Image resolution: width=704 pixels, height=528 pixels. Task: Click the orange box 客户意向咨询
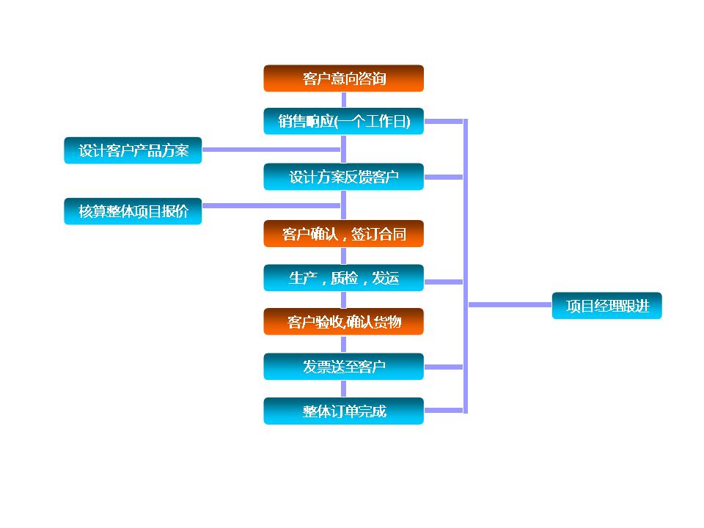343,78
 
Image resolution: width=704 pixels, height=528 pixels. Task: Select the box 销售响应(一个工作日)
343,121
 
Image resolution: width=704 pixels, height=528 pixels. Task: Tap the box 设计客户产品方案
133,150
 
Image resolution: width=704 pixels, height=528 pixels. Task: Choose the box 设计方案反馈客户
343,177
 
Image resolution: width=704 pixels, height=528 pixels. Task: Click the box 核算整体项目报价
133,211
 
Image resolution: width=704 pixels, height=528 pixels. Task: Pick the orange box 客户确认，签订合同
343,234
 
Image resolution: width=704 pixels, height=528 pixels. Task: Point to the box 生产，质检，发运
343,278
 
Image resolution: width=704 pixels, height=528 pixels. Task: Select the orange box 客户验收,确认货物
343,321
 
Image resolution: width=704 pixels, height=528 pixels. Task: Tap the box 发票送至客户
343,367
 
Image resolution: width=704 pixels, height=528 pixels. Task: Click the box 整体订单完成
343,411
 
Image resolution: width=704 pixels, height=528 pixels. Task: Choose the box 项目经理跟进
606,306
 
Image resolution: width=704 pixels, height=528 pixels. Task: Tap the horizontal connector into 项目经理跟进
510,304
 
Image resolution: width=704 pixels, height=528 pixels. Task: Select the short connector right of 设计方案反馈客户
444,177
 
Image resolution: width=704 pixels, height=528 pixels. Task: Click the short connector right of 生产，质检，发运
444,282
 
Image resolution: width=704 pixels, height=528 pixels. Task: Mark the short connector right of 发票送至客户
444,367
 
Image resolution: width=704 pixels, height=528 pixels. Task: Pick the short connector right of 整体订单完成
444,411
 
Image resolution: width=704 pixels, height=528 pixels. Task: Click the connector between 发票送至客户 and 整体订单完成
343,389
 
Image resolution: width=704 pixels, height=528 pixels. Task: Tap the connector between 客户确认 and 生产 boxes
343,256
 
